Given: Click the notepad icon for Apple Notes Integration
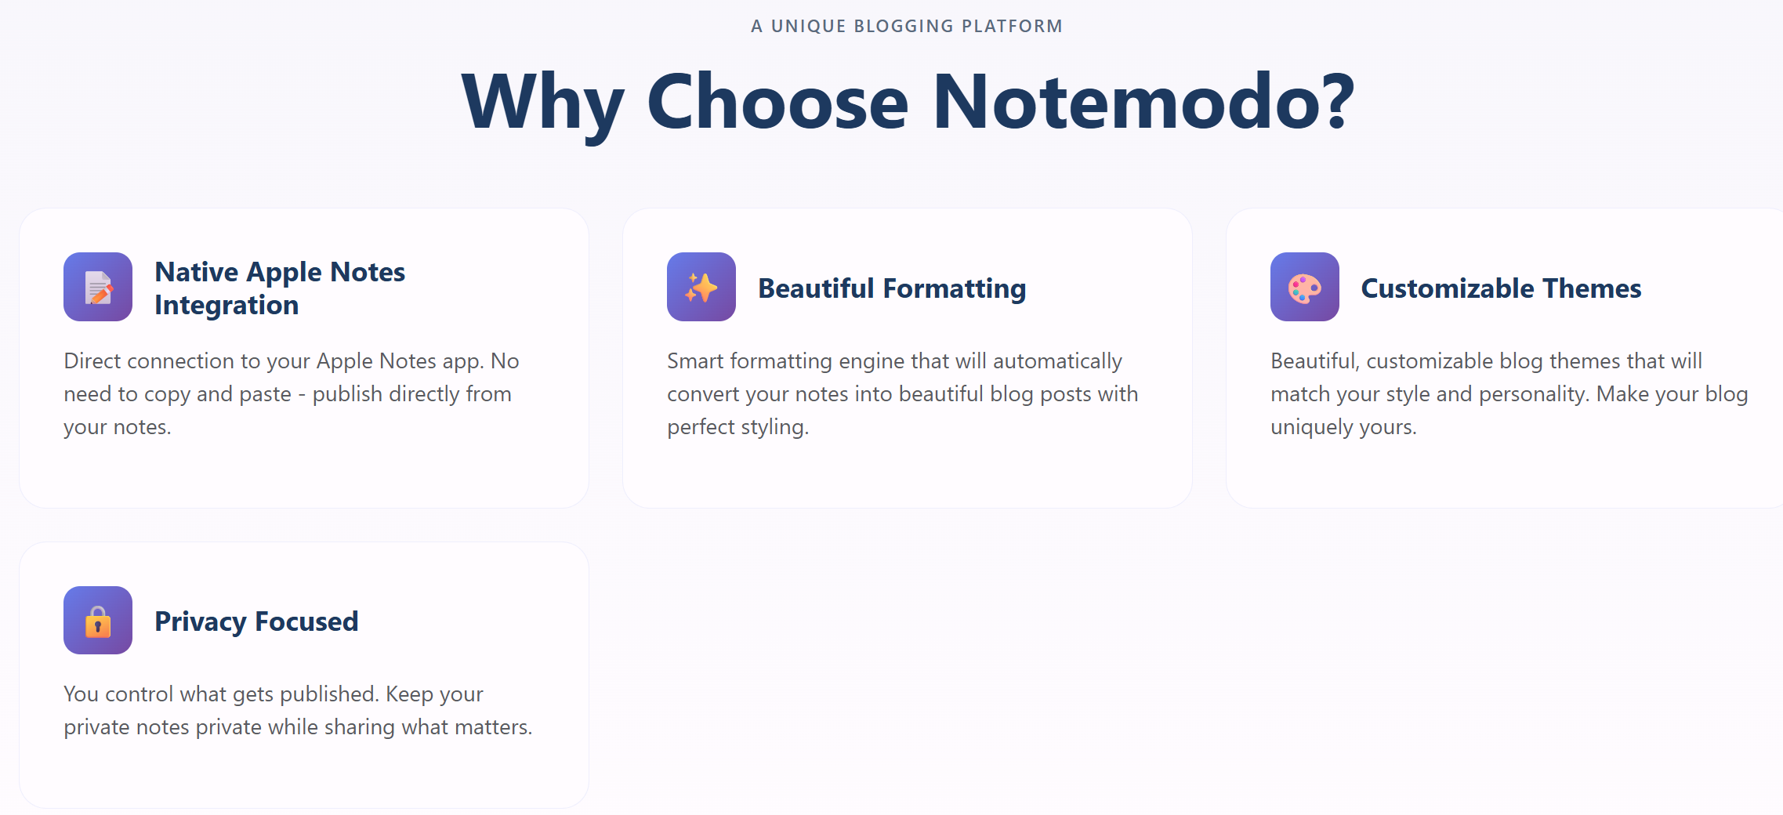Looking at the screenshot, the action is pos(98,287).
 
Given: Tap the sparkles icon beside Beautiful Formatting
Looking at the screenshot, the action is pos(701,287).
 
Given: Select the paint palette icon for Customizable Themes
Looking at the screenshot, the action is pos(1305,287).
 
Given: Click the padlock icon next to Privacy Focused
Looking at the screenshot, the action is pos(98,621).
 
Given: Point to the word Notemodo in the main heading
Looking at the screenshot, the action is pos(1143,102).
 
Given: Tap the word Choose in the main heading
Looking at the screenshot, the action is pos(777,102).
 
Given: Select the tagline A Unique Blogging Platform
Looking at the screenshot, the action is pos(907,26).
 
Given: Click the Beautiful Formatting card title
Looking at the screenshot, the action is pos(892,288).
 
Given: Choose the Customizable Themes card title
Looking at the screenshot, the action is pos(1501,288).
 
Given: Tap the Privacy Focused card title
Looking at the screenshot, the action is pos(256,621).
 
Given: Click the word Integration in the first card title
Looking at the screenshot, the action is pos(226,305).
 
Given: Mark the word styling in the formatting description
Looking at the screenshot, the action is pos(773,427).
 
